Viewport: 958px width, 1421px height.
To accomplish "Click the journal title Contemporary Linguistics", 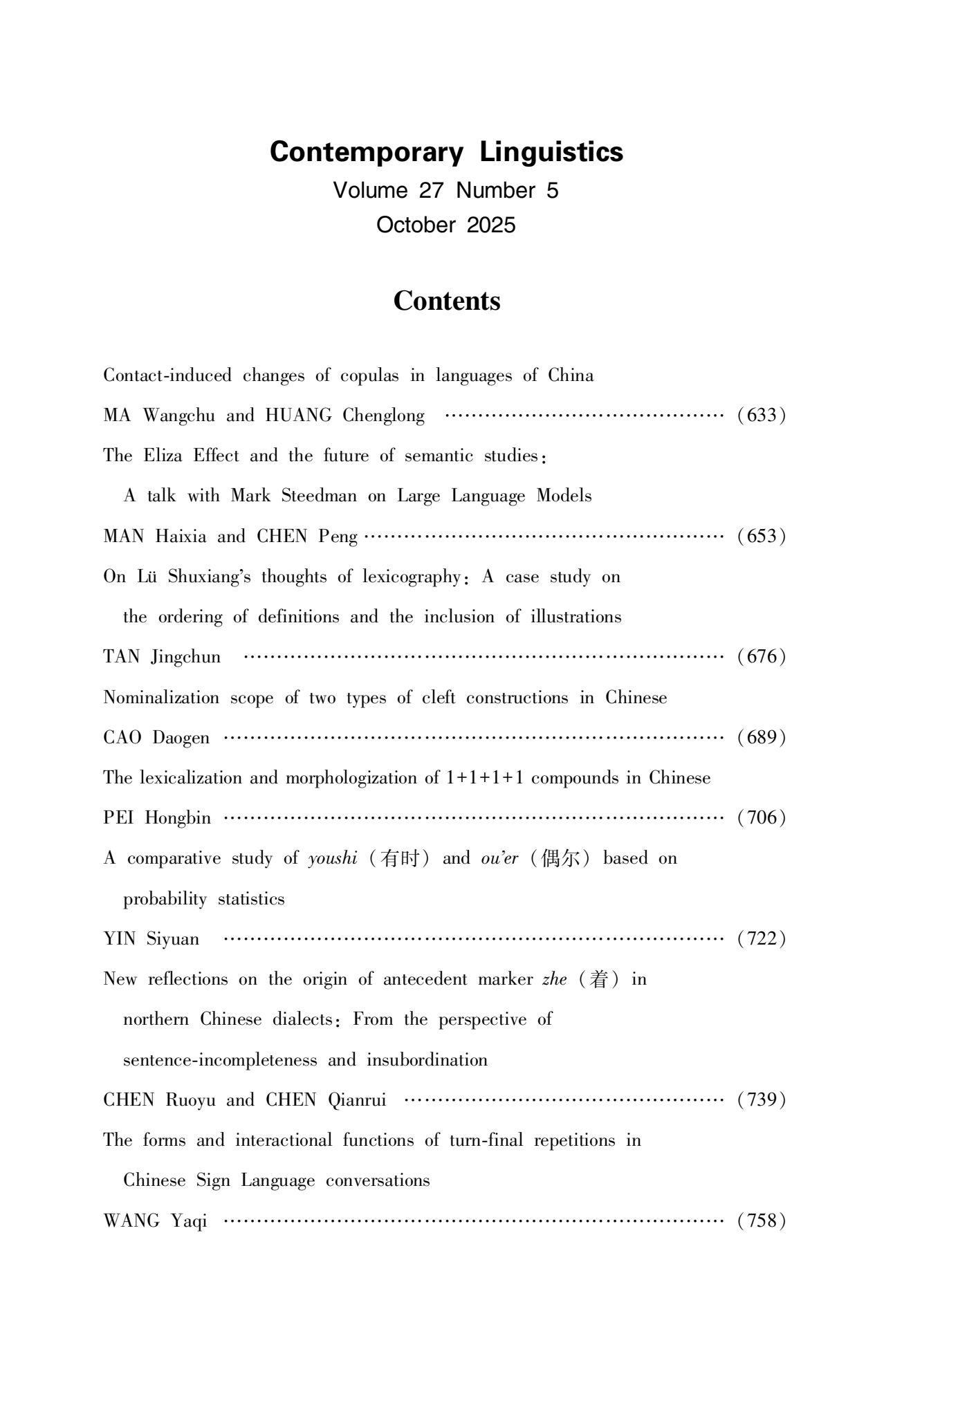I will tap(446, 152).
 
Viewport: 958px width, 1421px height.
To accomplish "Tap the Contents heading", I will tap(446, 301).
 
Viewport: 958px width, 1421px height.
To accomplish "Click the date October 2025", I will tap(446, 225).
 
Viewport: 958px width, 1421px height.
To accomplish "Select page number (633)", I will tap(761, 416).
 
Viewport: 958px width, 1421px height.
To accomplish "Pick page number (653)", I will tap(761, 537).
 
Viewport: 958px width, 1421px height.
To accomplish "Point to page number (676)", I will tap(761, 657).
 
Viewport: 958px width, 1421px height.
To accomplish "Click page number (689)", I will tap(761, 738).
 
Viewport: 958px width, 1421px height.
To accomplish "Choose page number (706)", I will tap(761, 818).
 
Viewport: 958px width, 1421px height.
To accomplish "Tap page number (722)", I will tap(761, 939).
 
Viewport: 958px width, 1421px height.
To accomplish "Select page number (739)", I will tap(761, 1099).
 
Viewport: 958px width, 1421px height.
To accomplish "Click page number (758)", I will tap(761, 1220).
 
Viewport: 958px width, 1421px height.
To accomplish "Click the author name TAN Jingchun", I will tap(162, 657).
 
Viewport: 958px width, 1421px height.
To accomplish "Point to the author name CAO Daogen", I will tap(156, 738).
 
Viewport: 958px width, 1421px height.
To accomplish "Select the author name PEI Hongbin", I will tap(157, 818).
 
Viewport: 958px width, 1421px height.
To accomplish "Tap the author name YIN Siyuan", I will tap(151, 939).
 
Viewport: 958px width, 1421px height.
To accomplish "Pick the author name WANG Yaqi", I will tap(155, 1220).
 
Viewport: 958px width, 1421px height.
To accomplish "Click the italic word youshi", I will tap(333, 859).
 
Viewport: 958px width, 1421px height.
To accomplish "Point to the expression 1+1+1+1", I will tap(484, 778).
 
